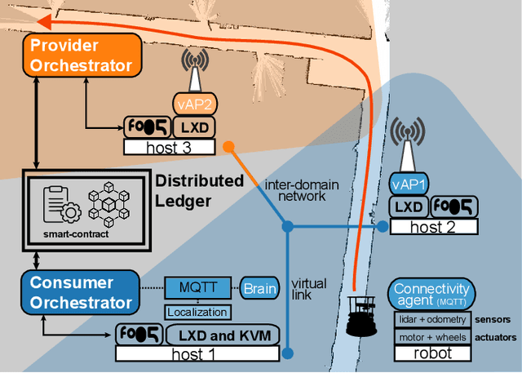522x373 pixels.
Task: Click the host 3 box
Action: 169,147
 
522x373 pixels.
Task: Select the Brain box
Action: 260,288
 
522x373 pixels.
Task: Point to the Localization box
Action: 197,312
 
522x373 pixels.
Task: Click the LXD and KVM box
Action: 223,334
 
